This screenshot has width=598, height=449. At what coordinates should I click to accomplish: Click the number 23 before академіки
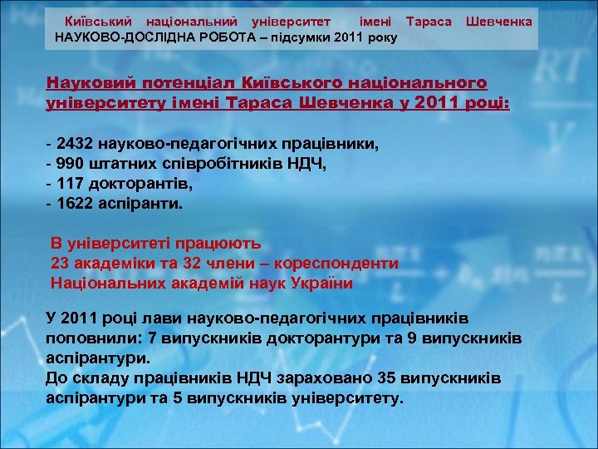(x=61, y=264)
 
